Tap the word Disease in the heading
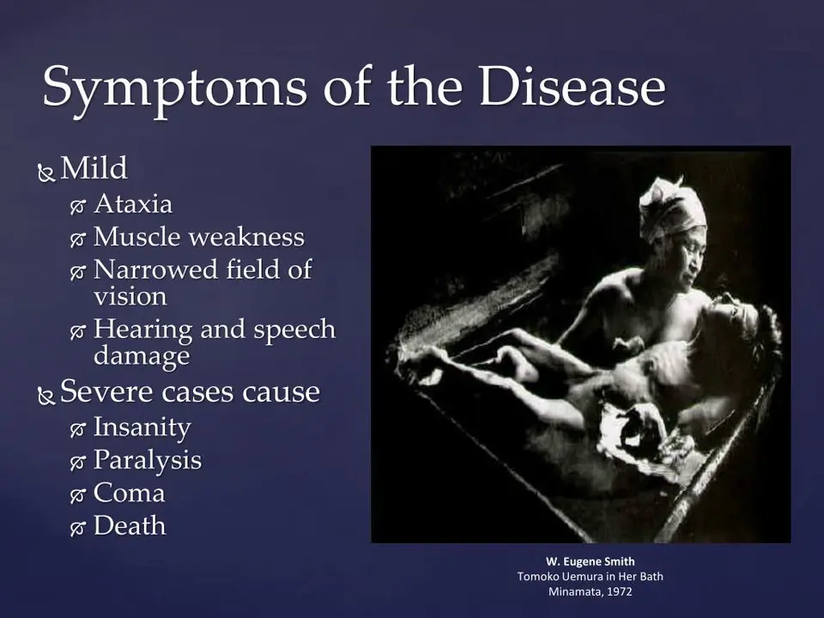pos(573,86)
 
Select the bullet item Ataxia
pos(133,204)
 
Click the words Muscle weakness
pos(198,237)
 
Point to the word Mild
pos(94,168)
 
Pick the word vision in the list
pos(130,296)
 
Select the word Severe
pos(106,391)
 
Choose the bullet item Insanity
pos(142,427)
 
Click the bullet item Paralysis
pos(147,461)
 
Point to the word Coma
pos(130,493)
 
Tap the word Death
pos(130,525)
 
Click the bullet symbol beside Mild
pos(46,173)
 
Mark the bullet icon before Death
pos(78,528)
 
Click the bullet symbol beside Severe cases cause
pos(46,396)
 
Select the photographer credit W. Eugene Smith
pos(591,561)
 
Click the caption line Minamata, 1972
pos(591,591)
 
